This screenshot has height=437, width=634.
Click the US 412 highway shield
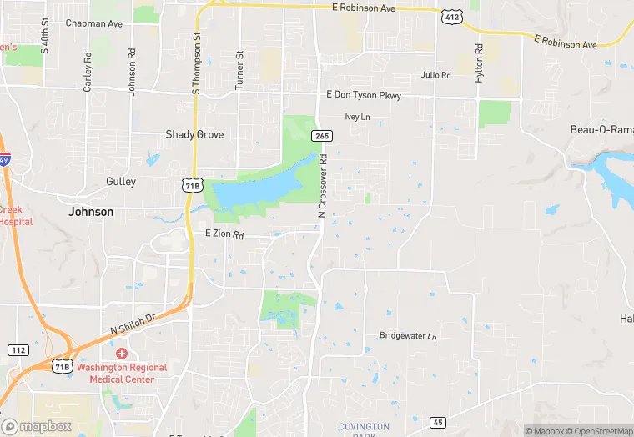pyautogui.click(x=452, y=16)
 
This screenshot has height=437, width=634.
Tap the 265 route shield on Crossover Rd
pyautogui.click(x=322, y=135)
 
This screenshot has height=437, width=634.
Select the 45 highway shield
pyautogui.click(x=437, y=423)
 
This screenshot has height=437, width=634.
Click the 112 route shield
pyautogui.click(x=18, y=349)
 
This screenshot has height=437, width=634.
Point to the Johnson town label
pyautogui.click(x=91, y=212)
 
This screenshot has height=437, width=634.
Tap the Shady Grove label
pyautogui.click(x=194, y=134)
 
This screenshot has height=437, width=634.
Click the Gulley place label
pyautogui.click(x=121, y=181)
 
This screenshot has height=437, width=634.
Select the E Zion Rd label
pyautogui.click(x=224, y=235)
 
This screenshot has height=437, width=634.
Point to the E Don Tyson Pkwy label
pyautogui.click(x=364, y=96)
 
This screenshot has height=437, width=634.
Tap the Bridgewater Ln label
pyautogui.click(x=408, y=336)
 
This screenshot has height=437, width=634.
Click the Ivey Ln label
pyautogui.click(x=357, y=118)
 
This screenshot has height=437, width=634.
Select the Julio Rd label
pyautogui.click(x=435, y=75)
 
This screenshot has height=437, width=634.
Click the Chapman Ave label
pyautogui.click(x=94, y=24)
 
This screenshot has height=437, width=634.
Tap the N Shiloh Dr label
pyautogui.click(x=133, y=324)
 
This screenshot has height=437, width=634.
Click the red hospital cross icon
pyautogui.click(x=122, y=354)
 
